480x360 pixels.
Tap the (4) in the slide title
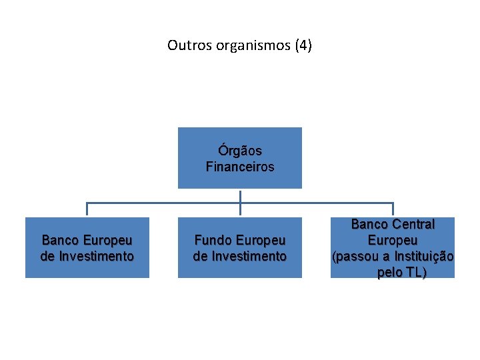[x=301, y=46]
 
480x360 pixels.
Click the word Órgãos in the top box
[x=240, y=151]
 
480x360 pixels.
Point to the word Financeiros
[x=240, y=167]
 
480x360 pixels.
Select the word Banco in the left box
[x=59, y=240]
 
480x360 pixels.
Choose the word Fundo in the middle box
[x=211, y=240]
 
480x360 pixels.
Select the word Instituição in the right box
[x=426, y=257]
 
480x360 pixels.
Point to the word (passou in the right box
[x=354, y=257]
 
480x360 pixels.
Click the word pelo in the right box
[x=389, y=273]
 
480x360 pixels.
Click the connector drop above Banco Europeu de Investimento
[x=87, y=210]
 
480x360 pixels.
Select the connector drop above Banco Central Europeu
[x=393, y=210]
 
